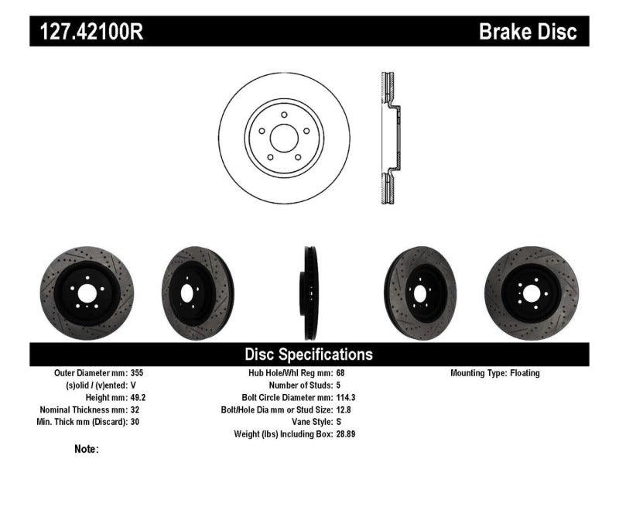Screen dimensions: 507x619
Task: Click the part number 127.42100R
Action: tap(86, 32)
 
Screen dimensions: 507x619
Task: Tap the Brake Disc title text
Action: tap(528, 32)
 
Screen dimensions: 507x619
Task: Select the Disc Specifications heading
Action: tap(309, 355)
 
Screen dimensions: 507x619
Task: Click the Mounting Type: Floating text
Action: tap(495, 373)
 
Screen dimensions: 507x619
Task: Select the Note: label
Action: tap(87, 449)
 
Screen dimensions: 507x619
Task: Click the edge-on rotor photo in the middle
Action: tap(309, 293)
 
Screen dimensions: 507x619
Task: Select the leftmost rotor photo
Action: tap(86, 293)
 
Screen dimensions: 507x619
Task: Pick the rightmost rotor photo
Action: tap(531, 293)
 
